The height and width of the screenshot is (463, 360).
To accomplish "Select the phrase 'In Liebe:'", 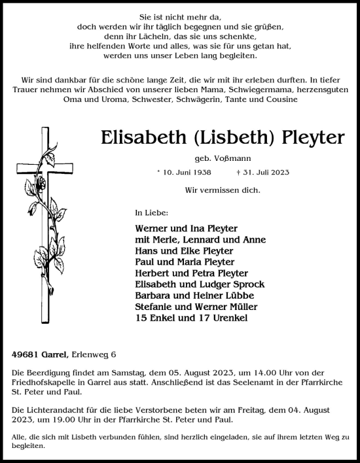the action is coord(151,213).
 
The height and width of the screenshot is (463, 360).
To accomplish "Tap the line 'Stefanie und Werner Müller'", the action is coord(196,306).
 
